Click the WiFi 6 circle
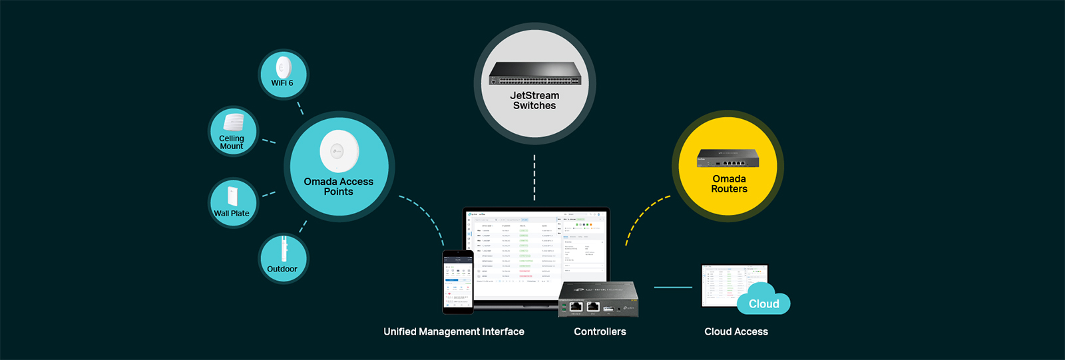[x=283, y=75]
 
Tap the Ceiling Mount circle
[x=232, y=132]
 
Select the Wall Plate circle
[x=232, y=203]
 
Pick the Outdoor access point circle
[x=283, y=258]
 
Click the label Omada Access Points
[x=338, y=186]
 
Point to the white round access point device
[x=339, y=152]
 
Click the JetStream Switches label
[x=534, y=100]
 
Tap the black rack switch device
[x=534, y=73]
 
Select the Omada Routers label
[x=729, y=184]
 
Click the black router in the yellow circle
[x=728, y=158]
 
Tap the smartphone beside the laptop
[x=458, y=281]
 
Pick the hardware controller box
[x=598, y=299]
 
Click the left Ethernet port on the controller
[x=576, y=306]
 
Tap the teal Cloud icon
[x=763, y=300]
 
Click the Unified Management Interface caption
[x=454, y=331]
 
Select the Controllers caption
[x=600, y=331]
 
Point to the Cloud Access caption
[x=736, y=331]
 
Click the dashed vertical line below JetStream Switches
[x=534, y=177]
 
